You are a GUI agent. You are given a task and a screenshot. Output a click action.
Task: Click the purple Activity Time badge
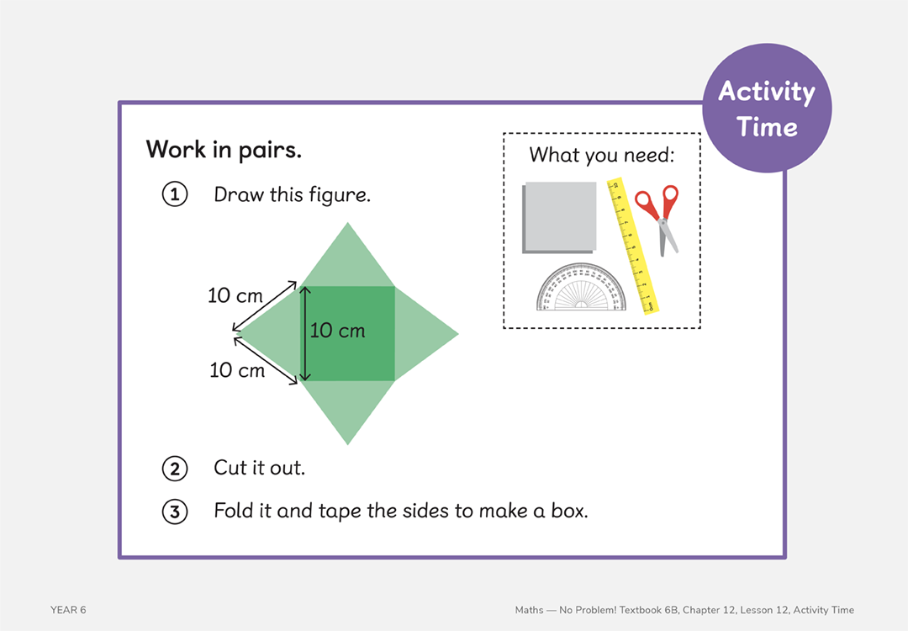[766, 109]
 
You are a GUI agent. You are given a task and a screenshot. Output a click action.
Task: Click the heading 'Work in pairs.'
[224, 150]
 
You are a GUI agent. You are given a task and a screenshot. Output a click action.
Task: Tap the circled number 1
[174, 195]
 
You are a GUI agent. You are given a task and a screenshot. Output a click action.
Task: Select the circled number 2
[174, 468]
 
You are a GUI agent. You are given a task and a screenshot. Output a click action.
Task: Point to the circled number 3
[174, 512]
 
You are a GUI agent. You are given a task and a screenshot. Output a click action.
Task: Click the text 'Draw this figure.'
[292, 195]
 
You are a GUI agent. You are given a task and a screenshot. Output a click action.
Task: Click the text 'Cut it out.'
[259, 468]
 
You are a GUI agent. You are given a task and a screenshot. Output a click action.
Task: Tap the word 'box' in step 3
[568, 511]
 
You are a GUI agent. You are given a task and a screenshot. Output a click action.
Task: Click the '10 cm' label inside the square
[338, 331]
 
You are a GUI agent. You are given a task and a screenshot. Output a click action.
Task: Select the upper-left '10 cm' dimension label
[235, 296]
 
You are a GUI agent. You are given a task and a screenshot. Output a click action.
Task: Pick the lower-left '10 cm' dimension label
[236, 370]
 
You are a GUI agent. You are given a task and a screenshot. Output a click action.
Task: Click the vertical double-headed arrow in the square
[305, 333]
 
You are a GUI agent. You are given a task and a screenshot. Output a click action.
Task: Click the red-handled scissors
[659, 216]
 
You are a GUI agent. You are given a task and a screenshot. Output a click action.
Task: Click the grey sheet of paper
[559, 216]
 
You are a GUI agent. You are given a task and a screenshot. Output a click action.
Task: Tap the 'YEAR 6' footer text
[68, 610]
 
